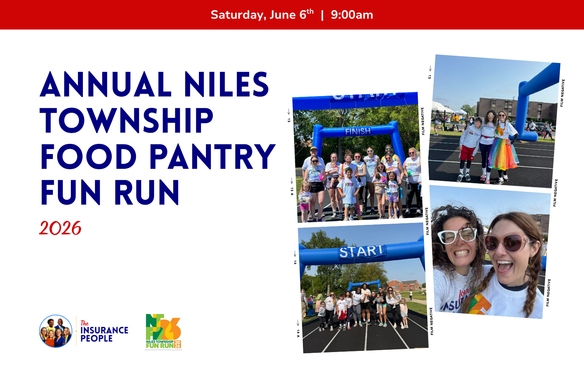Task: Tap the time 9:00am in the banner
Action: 352,15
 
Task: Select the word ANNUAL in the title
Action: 106,85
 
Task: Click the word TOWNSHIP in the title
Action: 127,121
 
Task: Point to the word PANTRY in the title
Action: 213,157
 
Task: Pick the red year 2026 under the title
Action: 60,228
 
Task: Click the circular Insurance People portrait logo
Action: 56,331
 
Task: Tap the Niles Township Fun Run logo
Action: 163,331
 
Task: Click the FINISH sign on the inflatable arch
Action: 358,131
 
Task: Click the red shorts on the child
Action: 467,153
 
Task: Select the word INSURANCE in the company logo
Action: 104,330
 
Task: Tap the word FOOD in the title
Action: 88,157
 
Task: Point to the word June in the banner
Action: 283,15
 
